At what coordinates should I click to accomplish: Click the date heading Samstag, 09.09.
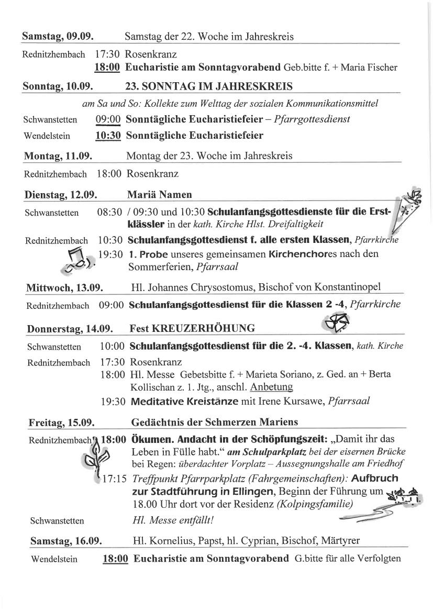tap(58, 37)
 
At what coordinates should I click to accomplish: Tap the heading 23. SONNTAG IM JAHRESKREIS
tap(209, 86)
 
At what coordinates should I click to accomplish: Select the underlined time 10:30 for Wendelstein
tap(108, 136)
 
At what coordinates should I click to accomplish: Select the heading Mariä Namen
tap(159, 195)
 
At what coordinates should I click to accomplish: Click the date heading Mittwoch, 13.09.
tap(64, 287)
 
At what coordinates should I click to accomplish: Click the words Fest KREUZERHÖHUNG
tap(192, 329)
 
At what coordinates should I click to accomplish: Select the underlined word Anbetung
tap(271, 387)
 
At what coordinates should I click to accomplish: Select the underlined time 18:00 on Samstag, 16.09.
tap(115, 559)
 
